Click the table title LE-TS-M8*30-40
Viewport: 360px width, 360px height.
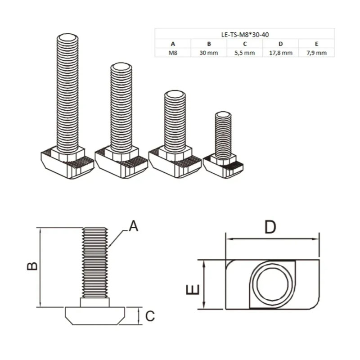click(245, 35)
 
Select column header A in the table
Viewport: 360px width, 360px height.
click(173, 44)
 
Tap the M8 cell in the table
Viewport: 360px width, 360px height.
click(173, 53)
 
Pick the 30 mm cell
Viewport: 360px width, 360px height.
click(209, 53)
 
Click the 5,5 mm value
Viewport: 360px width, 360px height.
click(245, 53)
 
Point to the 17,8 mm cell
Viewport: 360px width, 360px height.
click(280, 53)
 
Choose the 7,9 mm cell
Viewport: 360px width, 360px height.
click(317, 53)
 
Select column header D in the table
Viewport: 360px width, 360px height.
click(280, 44)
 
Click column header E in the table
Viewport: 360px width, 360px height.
click(317, 44)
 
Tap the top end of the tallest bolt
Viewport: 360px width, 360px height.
click(67, 38)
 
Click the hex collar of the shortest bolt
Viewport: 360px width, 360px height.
click(223, 159)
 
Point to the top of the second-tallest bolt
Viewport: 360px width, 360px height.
click(121, 67)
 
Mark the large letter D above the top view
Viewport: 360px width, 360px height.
click(270, 227)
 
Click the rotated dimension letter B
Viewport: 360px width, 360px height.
click(32, 266)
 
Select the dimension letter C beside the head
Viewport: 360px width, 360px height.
click(150, 316)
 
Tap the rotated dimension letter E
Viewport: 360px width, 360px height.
click(193, 289)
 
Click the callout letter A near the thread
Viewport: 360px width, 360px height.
click(133, 226)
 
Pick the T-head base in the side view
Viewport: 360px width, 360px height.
click(95, 316)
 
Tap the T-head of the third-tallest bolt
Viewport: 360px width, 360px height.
click(175, 165)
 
